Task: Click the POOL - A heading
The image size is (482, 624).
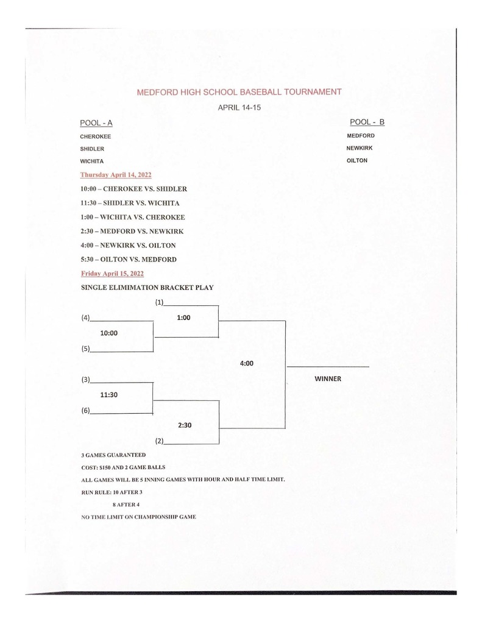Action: (96, 123)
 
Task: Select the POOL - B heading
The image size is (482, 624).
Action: (367, 122)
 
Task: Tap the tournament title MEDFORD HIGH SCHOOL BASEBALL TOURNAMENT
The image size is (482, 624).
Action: (239, 92)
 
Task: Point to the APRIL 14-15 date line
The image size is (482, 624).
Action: (239, 107)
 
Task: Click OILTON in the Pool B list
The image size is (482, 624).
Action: (357, 160)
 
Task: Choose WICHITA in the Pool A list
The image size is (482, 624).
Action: (91, 161)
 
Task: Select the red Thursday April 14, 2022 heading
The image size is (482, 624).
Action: (116, 175)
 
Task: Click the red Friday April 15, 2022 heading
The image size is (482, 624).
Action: (112, 274)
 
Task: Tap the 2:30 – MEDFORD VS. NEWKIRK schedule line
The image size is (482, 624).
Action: (132, 231)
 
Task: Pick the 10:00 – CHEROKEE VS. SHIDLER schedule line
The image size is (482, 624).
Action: (133, 189)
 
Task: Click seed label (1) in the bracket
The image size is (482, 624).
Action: (159, 302)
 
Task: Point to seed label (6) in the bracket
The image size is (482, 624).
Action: (85, 410)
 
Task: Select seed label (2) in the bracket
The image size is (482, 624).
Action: (159, 441)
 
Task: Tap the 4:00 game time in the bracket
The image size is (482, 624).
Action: (247, 363)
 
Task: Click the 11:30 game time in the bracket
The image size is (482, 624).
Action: (108, 395)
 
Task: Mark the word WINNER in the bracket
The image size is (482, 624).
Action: (328, 379)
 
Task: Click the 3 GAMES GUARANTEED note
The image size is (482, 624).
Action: (113, 455)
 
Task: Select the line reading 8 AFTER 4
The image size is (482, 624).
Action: (126, 505)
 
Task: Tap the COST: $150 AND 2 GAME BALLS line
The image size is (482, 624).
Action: (123, 467)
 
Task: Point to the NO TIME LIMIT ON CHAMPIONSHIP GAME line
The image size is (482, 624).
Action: (138, 517)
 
